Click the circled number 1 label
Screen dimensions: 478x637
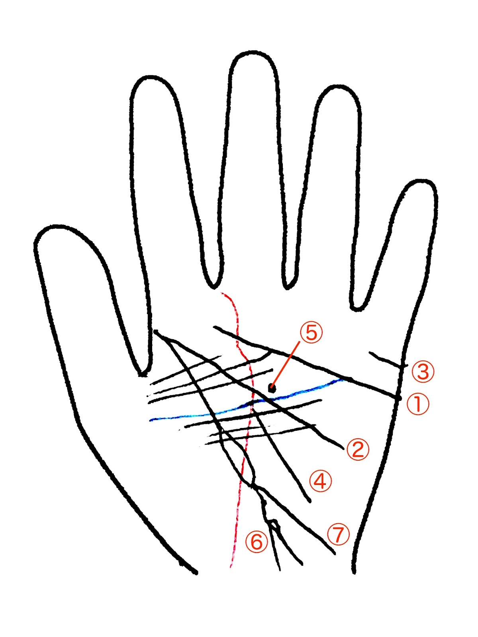pos(418,404)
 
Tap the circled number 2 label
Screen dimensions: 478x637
pos(358,449)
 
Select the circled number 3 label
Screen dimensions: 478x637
pos(423,371)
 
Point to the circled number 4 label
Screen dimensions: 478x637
pos(321,481)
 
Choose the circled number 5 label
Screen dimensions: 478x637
pos(311,332)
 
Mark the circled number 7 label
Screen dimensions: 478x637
pos(338,535)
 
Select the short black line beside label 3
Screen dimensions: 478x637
pos(386,359)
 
